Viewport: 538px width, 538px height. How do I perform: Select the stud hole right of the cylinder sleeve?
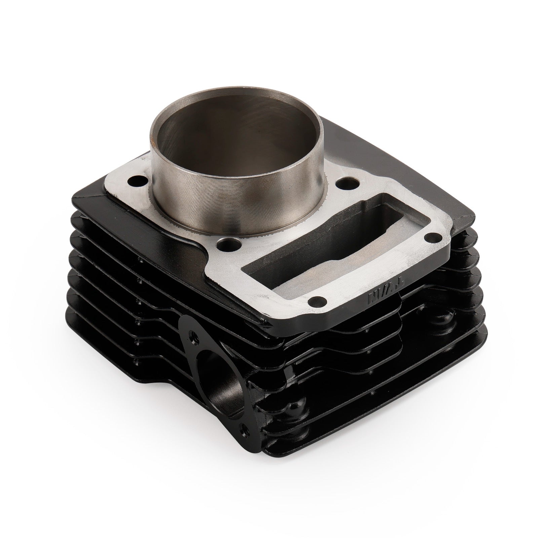tap(346, 184)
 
